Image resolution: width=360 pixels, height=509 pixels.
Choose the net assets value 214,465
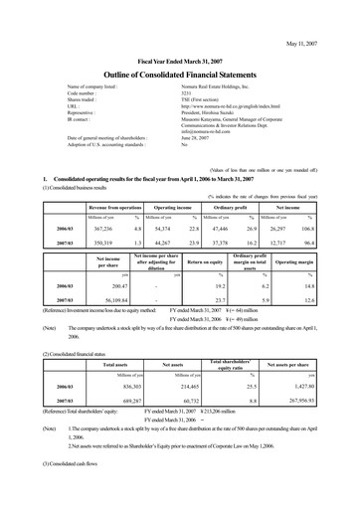tap(177, 384)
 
